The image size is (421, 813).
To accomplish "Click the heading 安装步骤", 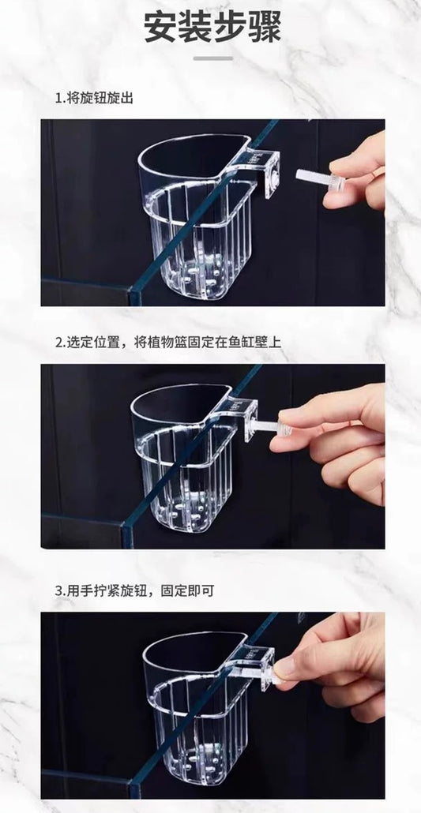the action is point(212,27).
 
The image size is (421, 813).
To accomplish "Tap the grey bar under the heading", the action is point(212,58).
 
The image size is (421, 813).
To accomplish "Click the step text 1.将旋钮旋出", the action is point(94,98).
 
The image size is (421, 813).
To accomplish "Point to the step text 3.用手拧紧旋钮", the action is point(134,590).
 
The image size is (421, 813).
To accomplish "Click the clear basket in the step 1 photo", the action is point(197,215).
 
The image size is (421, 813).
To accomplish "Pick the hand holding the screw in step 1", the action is point(356,174).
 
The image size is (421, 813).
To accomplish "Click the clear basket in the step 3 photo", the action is point(200,708).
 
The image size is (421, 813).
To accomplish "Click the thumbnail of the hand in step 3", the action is point(284,669).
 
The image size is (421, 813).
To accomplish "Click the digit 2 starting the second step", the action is point(58,343).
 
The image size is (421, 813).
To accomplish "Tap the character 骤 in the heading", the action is point(265,27).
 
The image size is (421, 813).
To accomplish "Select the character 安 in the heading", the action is point(160,27).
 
